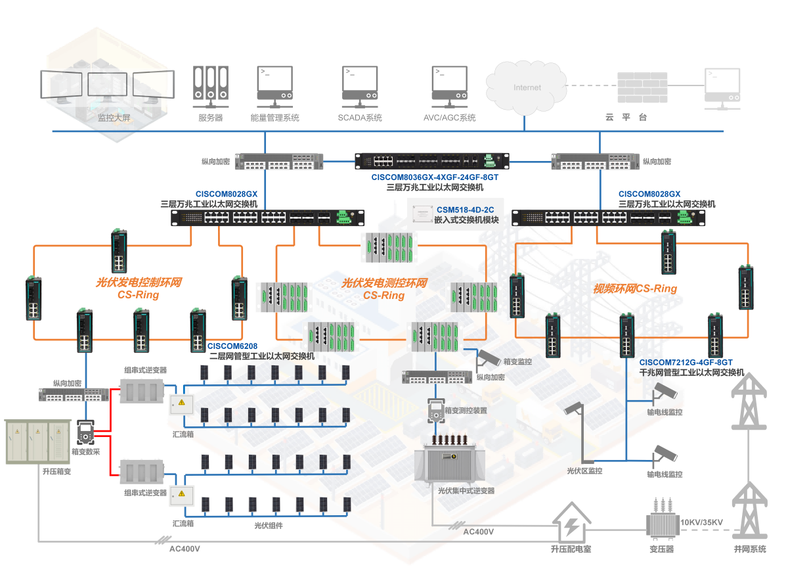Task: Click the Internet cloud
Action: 527,88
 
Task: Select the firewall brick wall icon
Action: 642,87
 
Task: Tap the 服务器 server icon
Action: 211,87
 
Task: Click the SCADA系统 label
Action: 360,118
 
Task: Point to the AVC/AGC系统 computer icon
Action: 450,87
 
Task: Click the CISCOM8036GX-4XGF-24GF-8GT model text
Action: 435,177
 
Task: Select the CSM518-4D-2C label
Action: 466,210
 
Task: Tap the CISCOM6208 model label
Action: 232,346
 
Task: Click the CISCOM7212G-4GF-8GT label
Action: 686,362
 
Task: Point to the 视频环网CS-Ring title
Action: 635,289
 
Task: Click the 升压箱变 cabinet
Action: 37,442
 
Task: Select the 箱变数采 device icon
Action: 85,432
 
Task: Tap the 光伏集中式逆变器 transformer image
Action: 450,459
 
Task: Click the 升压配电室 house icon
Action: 572,522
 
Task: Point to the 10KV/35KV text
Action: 701,522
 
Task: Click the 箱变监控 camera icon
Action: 489,358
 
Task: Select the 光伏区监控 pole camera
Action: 579,432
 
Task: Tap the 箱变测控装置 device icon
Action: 436,411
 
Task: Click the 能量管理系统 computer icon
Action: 274,87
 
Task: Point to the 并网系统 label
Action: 750,549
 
